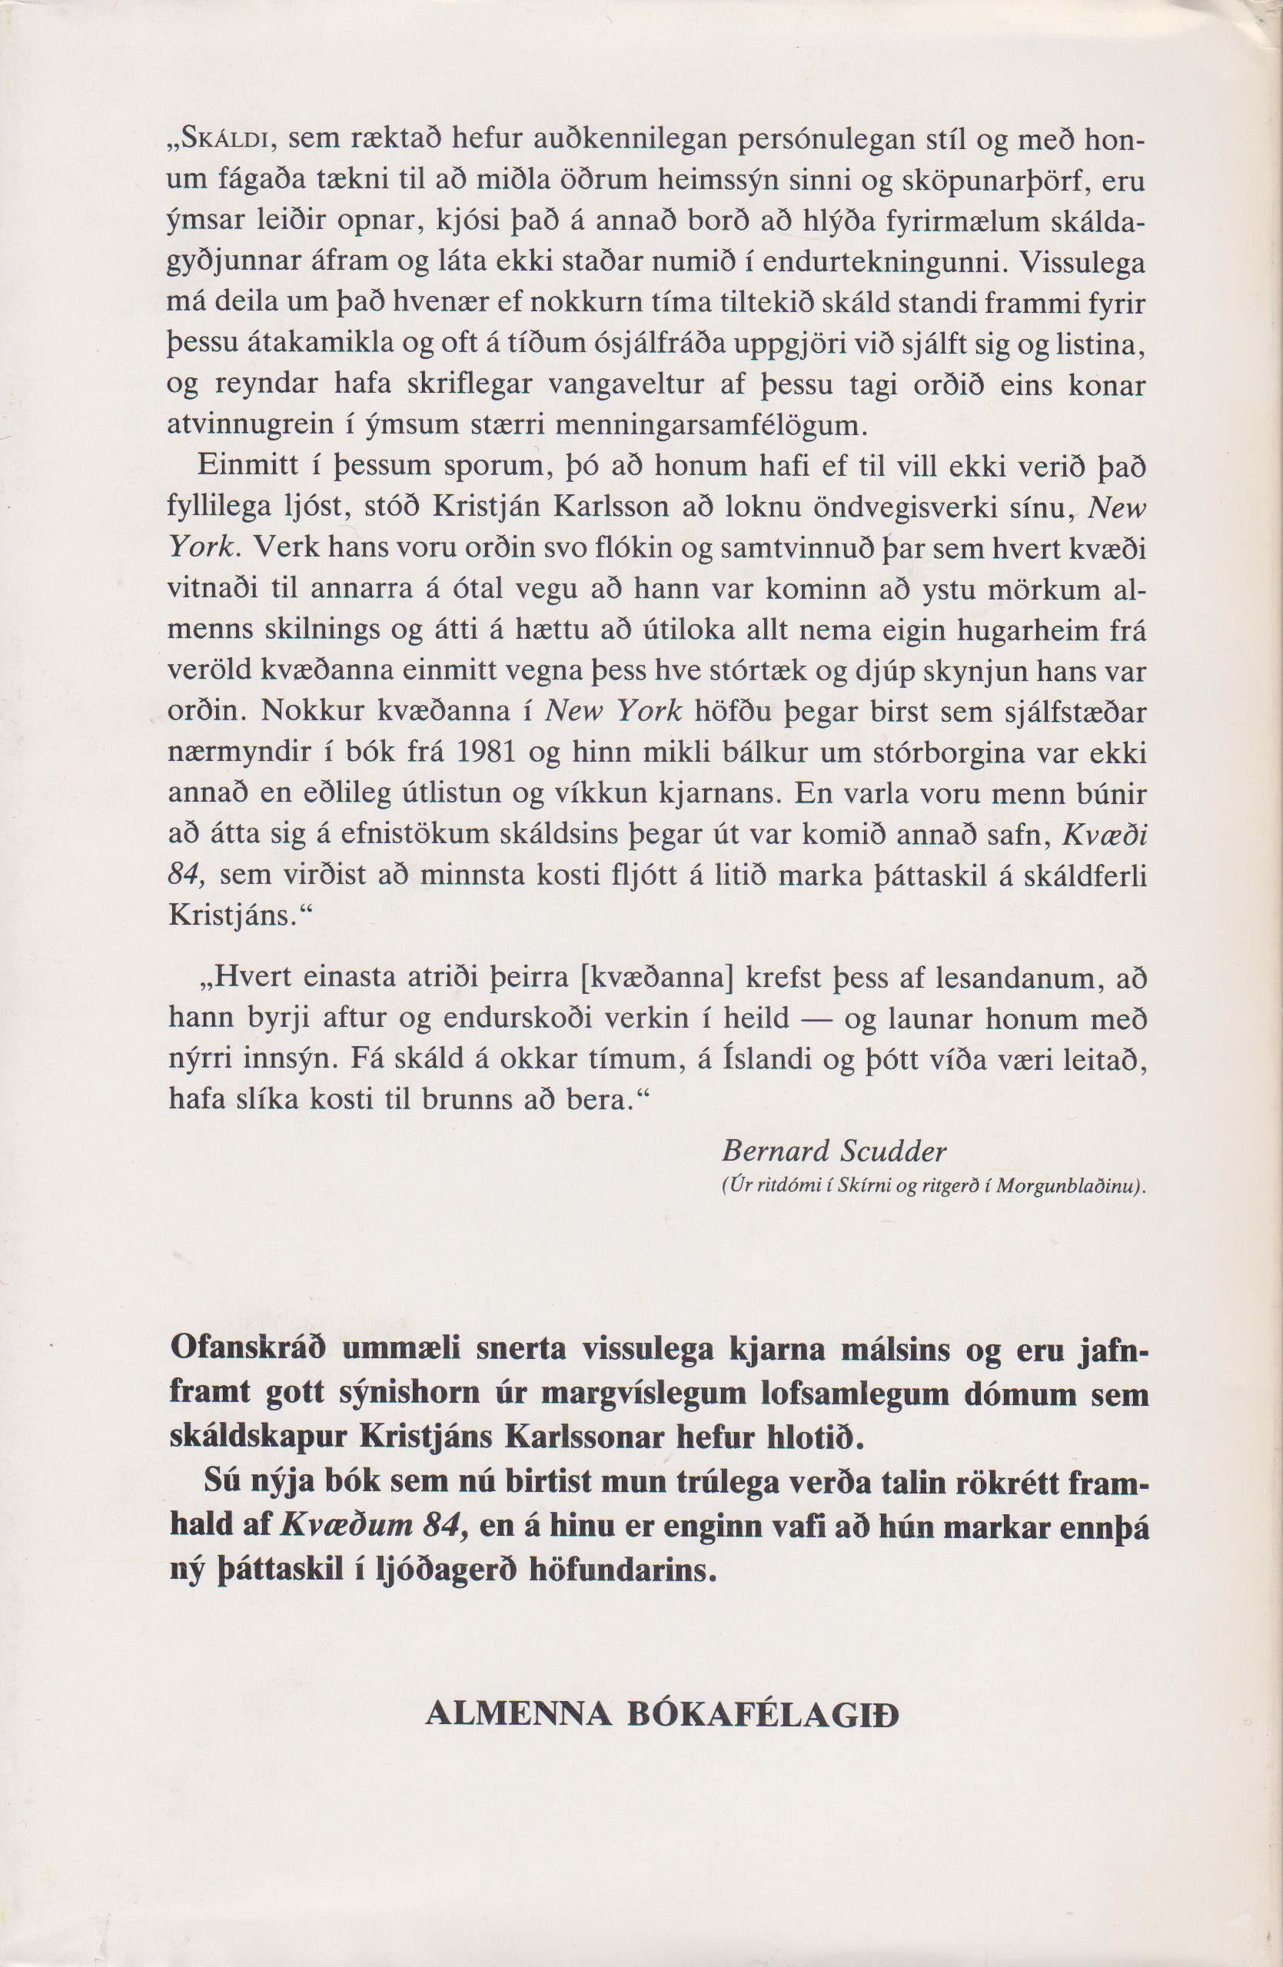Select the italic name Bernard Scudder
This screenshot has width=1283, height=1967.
pos(834,1150)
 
